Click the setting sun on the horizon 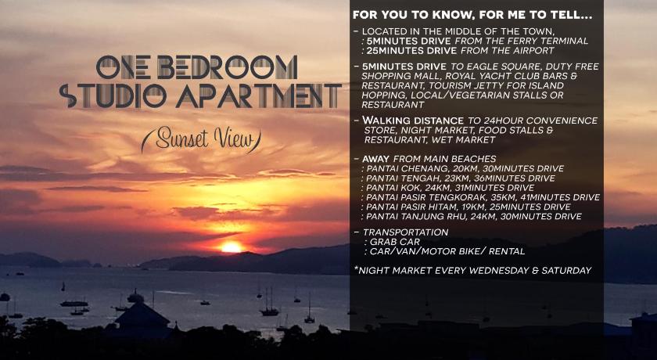(x=232, y=247)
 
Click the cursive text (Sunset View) (x=202, y=141)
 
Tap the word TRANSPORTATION (x=405, y=232)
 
